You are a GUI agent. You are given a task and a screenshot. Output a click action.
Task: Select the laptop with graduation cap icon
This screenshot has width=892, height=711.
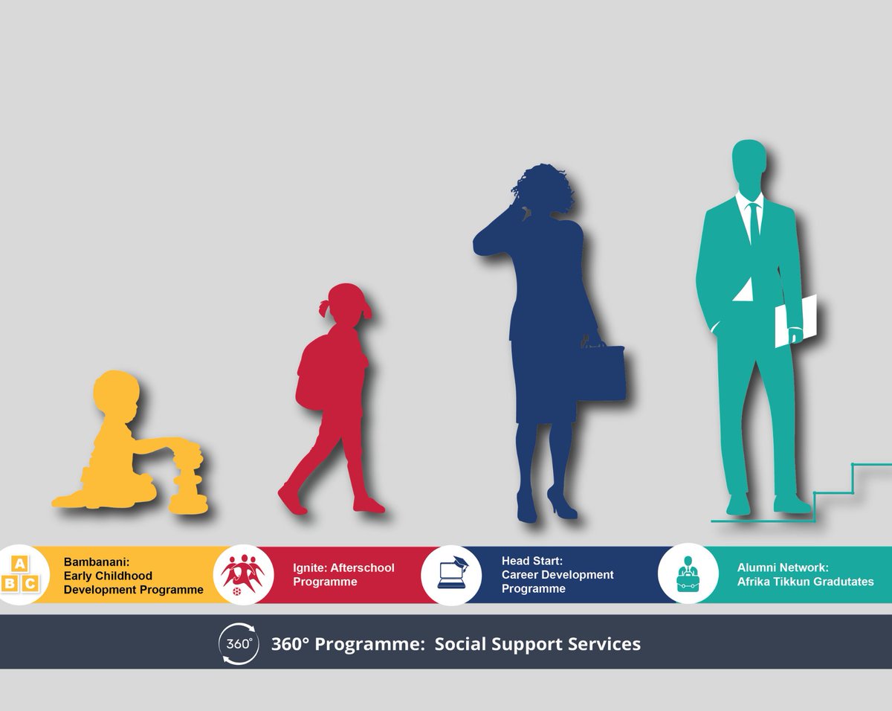(x=451, y=573)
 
